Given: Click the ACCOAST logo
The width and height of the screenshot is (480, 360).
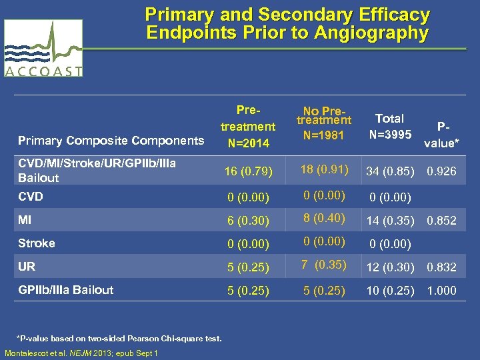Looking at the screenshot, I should pos(44,49).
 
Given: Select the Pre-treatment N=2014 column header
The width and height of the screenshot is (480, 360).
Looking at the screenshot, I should pos(248,126).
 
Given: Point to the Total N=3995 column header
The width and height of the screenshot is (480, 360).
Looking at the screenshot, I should pos(390,125).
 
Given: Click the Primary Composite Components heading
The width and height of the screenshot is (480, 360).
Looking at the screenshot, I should pos(111,141).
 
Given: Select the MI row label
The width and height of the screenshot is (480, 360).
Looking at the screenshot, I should pos(26,219).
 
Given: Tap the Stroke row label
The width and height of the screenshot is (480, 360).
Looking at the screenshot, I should pos(37,243).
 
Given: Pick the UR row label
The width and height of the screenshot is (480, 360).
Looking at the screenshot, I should pos(27,266).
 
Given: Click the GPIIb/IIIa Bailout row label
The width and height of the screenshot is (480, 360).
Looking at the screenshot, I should pos(66,289).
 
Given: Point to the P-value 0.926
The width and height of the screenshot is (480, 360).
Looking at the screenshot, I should pos(441,171).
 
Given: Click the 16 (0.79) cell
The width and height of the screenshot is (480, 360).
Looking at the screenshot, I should pos(248,172).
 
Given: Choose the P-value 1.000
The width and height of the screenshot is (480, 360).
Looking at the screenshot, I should pos(441,291).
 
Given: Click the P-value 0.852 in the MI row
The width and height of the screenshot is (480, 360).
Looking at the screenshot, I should pos(441,221).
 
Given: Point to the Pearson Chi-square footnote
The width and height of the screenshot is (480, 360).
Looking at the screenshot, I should pos(119,339).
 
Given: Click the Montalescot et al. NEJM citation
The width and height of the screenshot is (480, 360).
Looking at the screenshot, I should pos(81,353).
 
